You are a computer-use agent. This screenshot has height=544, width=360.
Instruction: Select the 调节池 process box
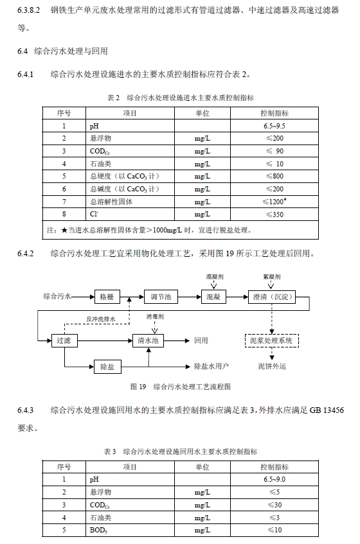[160, 297]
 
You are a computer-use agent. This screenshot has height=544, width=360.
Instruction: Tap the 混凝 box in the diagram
[213, 297]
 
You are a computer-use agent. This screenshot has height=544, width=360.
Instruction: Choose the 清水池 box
[149, 341]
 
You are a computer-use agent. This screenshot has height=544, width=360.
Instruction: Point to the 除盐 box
[107, 367]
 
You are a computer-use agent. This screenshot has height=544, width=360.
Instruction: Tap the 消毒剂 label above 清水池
[154, 317]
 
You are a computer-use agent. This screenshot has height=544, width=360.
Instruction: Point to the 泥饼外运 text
[272, 367]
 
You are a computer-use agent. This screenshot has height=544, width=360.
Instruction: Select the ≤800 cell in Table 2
[274, 176]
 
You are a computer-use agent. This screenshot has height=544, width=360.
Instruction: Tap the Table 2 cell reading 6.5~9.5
[274, 126]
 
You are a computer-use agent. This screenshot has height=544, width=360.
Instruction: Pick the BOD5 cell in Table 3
[97, 530]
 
